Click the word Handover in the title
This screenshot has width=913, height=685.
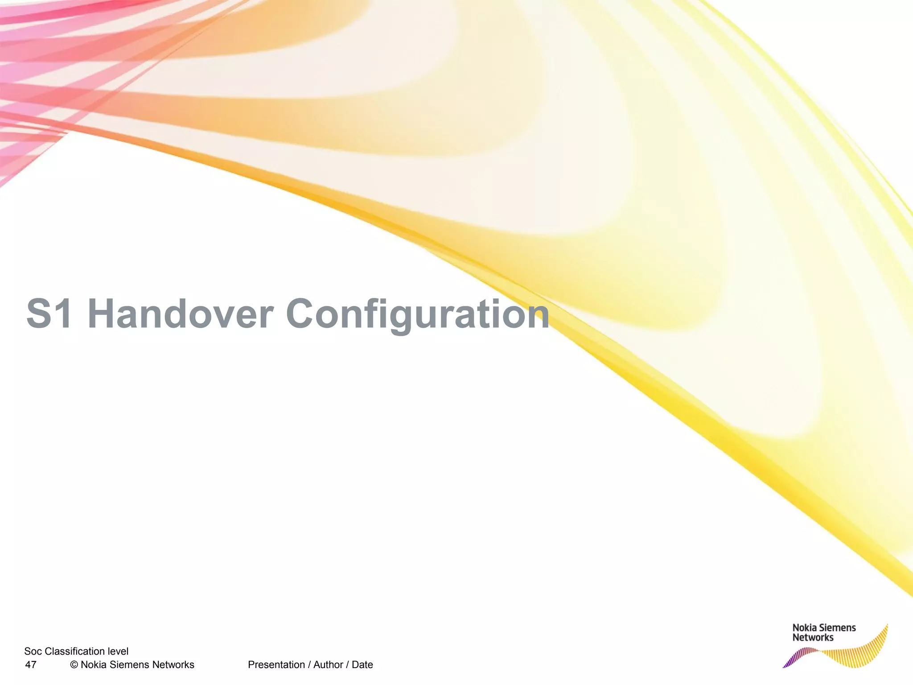[x=180, y=314]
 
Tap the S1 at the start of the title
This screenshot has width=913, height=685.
[x=49, y=314]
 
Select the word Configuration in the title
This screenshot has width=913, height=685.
[x=417, y=314]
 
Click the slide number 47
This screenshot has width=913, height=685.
[x=31, y=665]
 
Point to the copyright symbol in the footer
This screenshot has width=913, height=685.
[x=74, y=665]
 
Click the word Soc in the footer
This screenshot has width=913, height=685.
[x=33, y=652]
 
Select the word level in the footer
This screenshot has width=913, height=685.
[x=118, y=652]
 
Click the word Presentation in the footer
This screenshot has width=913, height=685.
[x=276, y=665]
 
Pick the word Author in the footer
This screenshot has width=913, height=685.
[x=328, y=665]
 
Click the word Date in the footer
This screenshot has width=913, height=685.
[x=362, y=665]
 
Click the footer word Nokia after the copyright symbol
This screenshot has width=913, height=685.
[x=94, y=665]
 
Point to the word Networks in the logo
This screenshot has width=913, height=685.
[x=813, y=638]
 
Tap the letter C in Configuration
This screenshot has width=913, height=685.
[x=303, y=314]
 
